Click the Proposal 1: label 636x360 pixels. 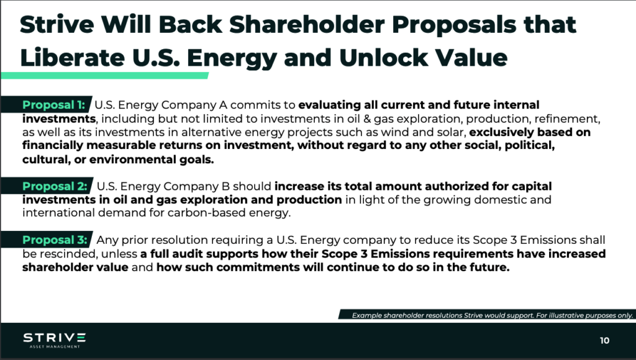tap(53, 105)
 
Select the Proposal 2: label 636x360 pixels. tap(55, 186)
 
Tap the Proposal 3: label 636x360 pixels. tap(55, 240)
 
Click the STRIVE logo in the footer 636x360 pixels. tap(55, 338)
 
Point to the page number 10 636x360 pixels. tap(604, 341)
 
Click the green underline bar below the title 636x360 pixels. tap(104, 75)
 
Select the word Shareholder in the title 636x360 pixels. tap(307, 24)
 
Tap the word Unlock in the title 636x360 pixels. tap(383, 58)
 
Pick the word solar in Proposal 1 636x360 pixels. tap(452, 132)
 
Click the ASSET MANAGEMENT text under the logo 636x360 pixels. tap(55, 347)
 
